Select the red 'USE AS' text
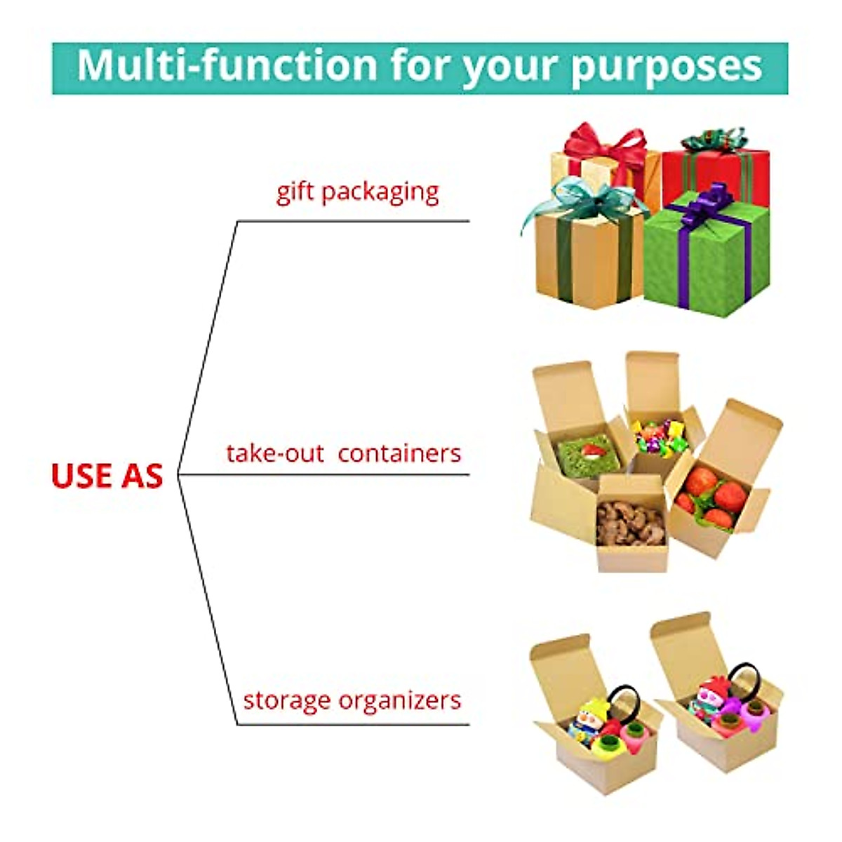pos(107,476)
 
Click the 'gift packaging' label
pos(357,192)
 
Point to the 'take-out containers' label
pos(343,453)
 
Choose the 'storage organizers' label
pos(352,700)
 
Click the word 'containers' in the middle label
pos(399,453)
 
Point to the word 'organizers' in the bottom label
pos(401,701)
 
